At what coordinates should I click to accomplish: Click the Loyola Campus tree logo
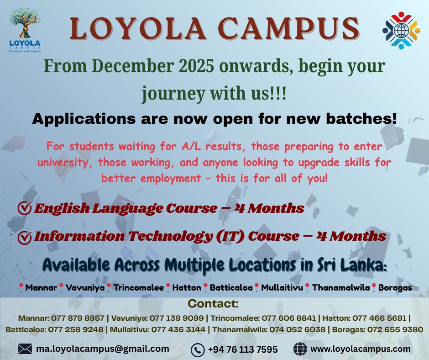[x=25, y=34]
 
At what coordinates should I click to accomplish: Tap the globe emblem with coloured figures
[x=400, y=31]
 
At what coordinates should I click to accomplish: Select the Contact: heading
[x=213, y=304]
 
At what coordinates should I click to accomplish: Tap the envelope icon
[x=25, y=349]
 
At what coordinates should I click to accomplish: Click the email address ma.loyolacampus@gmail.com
[x=102, y=349]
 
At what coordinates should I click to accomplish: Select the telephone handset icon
[x=197, y=349]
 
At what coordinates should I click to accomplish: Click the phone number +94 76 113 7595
[x=242, y=349]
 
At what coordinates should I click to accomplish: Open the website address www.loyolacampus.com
[x=360, y=349]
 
